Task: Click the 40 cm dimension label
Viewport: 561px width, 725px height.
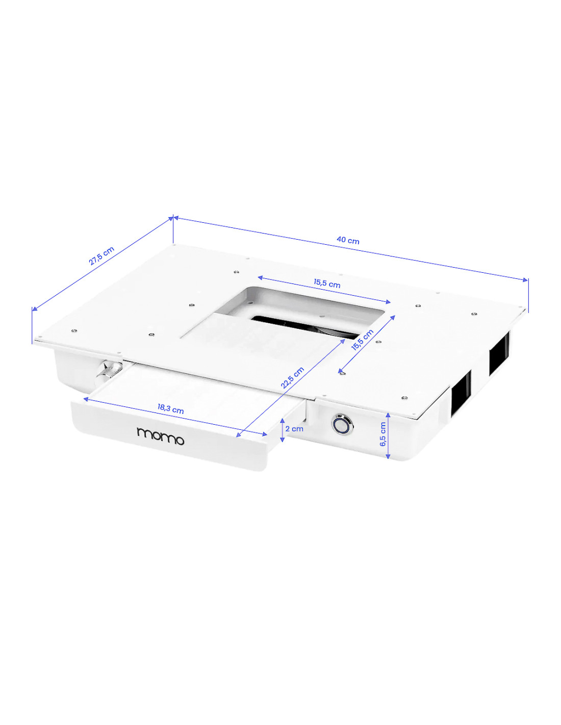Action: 348,240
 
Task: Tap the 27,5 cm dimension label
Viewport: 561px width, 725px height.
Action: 101,255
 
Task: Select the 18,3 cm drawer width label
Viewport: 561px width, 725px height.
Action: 170,409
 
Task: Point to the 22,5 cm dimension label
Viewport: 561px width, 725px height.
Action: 292,378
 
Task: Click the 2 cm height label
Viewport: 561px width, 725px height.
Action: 294,429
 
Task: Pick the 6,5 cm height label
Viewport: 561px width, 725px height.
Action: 382,434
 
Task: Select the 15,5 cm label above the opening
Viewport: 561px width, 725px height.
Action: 327,284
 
